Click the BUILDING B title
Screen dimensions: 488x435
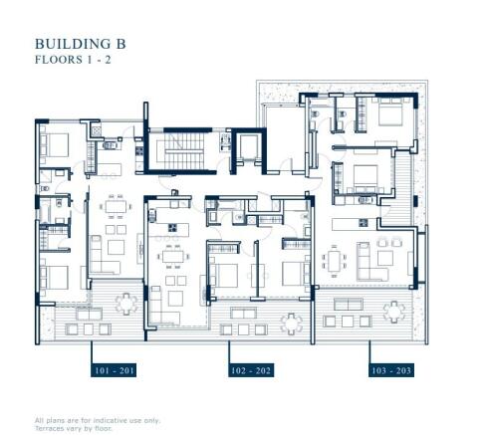point(81,44)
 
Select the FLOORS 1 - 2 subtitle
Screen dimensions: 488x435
point(73,60)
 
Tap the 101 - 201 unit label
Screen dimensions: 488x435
point(114,370)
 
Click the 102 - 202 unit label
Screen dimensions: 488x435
point(251,370)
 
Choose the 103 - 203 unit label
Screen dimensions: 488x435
point(391,370)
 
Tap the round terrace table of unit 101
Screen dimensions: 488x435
point(126,304)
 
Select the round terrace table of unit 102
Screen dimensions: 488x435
point(291,324)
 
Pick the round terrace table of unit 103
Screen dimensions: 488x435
point(394,312)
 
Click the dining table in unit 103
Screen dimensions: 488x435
point(335,261)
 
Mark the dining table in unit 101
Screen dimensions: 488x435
point(116,207)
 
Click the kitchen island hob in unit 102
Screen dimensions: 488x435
point(172,228)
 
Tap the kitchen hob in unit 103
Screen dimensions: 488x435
point(363,223)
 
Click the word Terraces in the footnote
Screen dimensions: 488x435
point(49,428)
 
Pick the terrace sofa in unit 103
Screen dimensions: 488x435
point(349,304)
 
